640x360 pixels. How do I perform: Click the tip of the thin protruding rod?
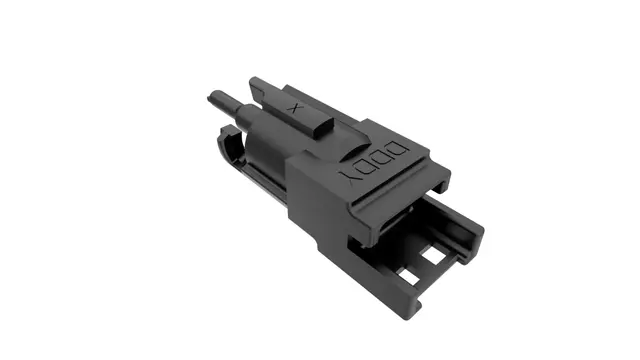click(212, 98)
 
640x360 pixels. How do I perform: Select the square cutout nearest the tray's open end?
click(435, 256)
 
